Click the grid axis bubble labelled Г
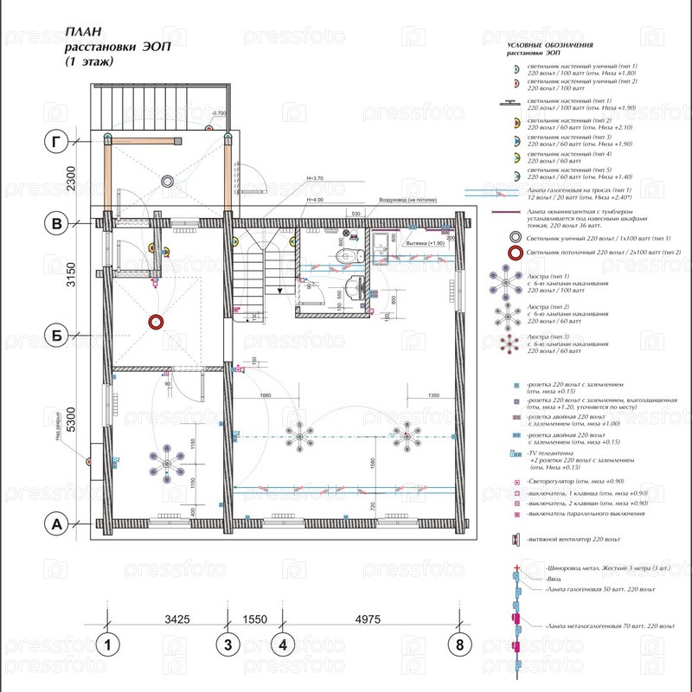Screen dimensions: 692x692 click(57, 141)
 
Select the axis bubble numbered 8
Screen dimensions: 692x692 click(459, 644)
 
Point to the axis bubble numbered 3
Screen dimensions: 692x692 click(227, 644)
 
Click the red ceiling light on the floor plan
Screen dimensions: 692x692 click(157, 322)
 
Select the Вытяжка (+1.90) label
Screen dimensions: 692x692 click(425, 244)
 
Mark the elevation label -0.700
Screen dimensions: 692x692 click(218, 113)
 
